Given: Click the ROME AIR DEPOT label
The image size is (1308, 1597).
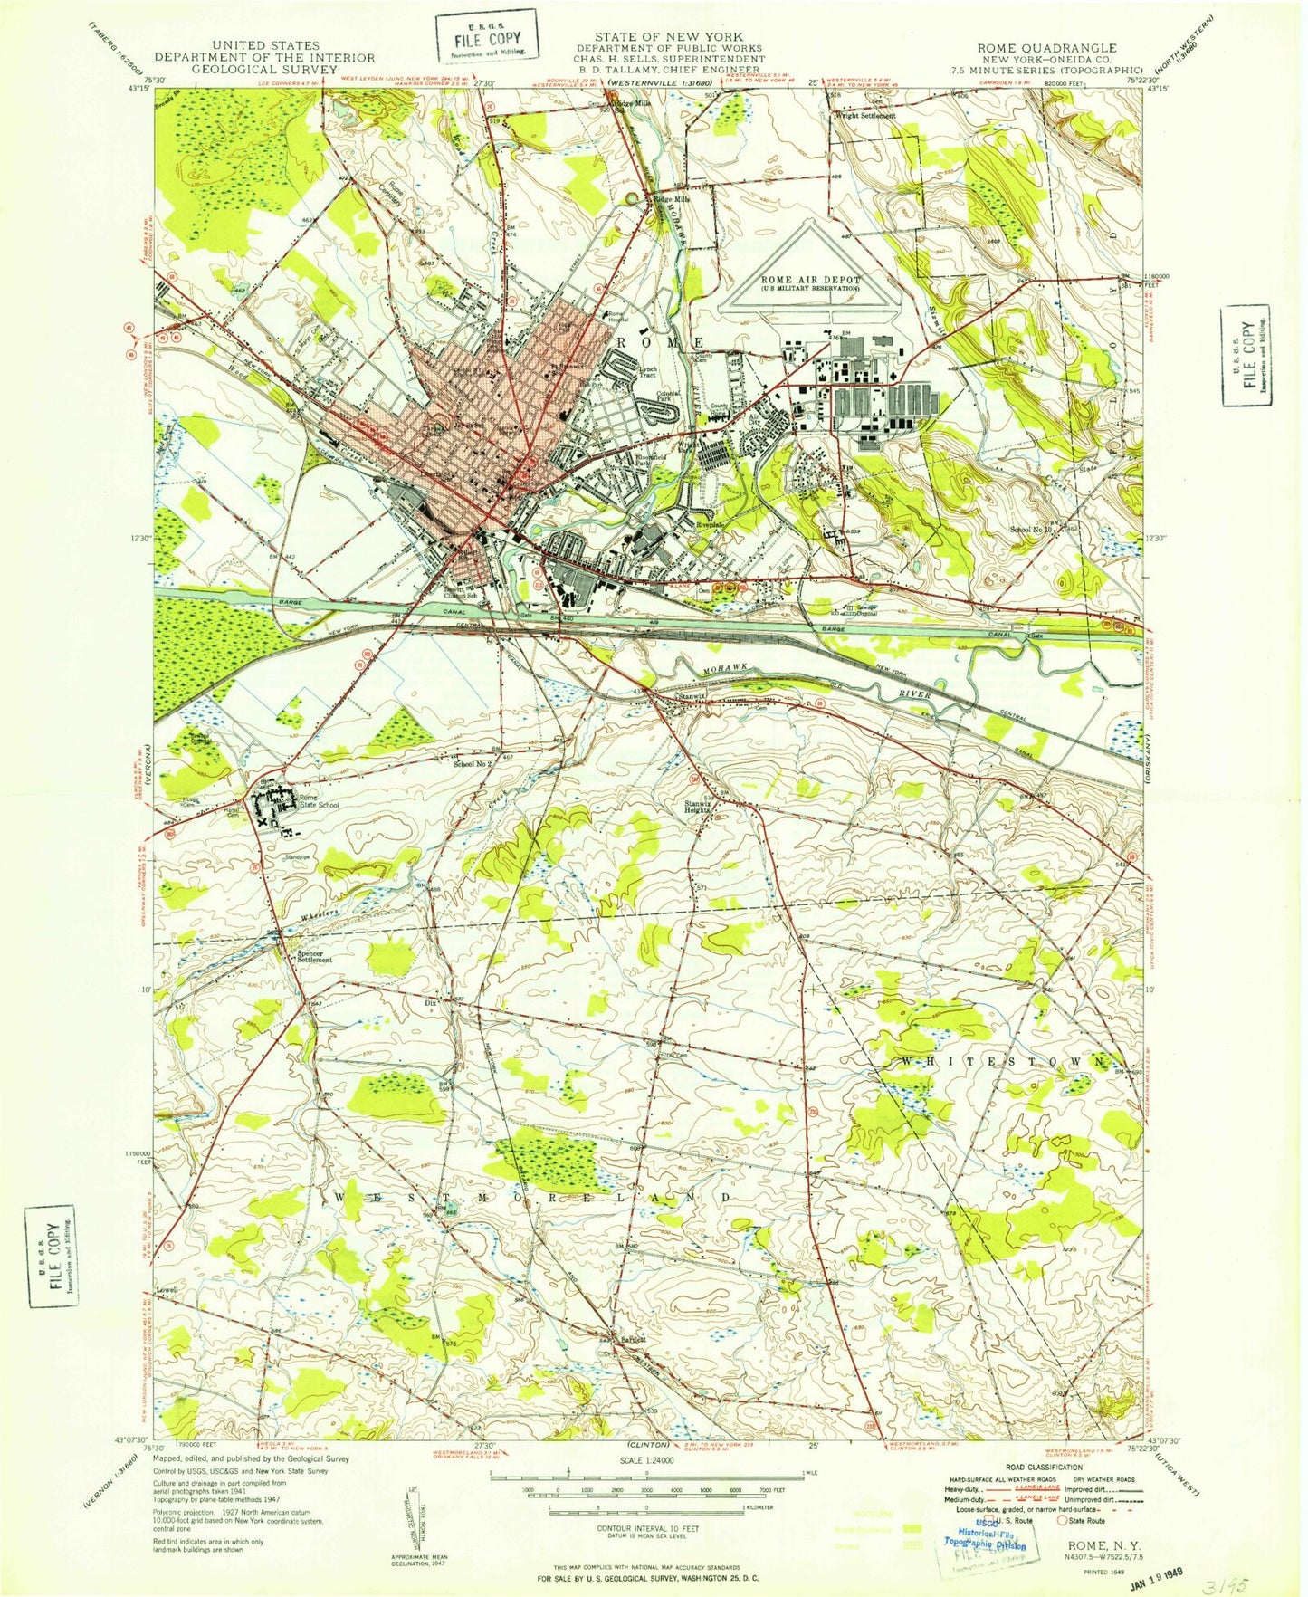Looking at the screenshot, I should (810, 282).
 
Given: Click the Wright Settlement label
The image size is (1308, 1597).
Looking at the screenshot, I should (865, 116).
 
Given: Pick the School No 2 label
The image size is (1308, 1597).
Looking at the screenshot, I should (472, 763).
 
